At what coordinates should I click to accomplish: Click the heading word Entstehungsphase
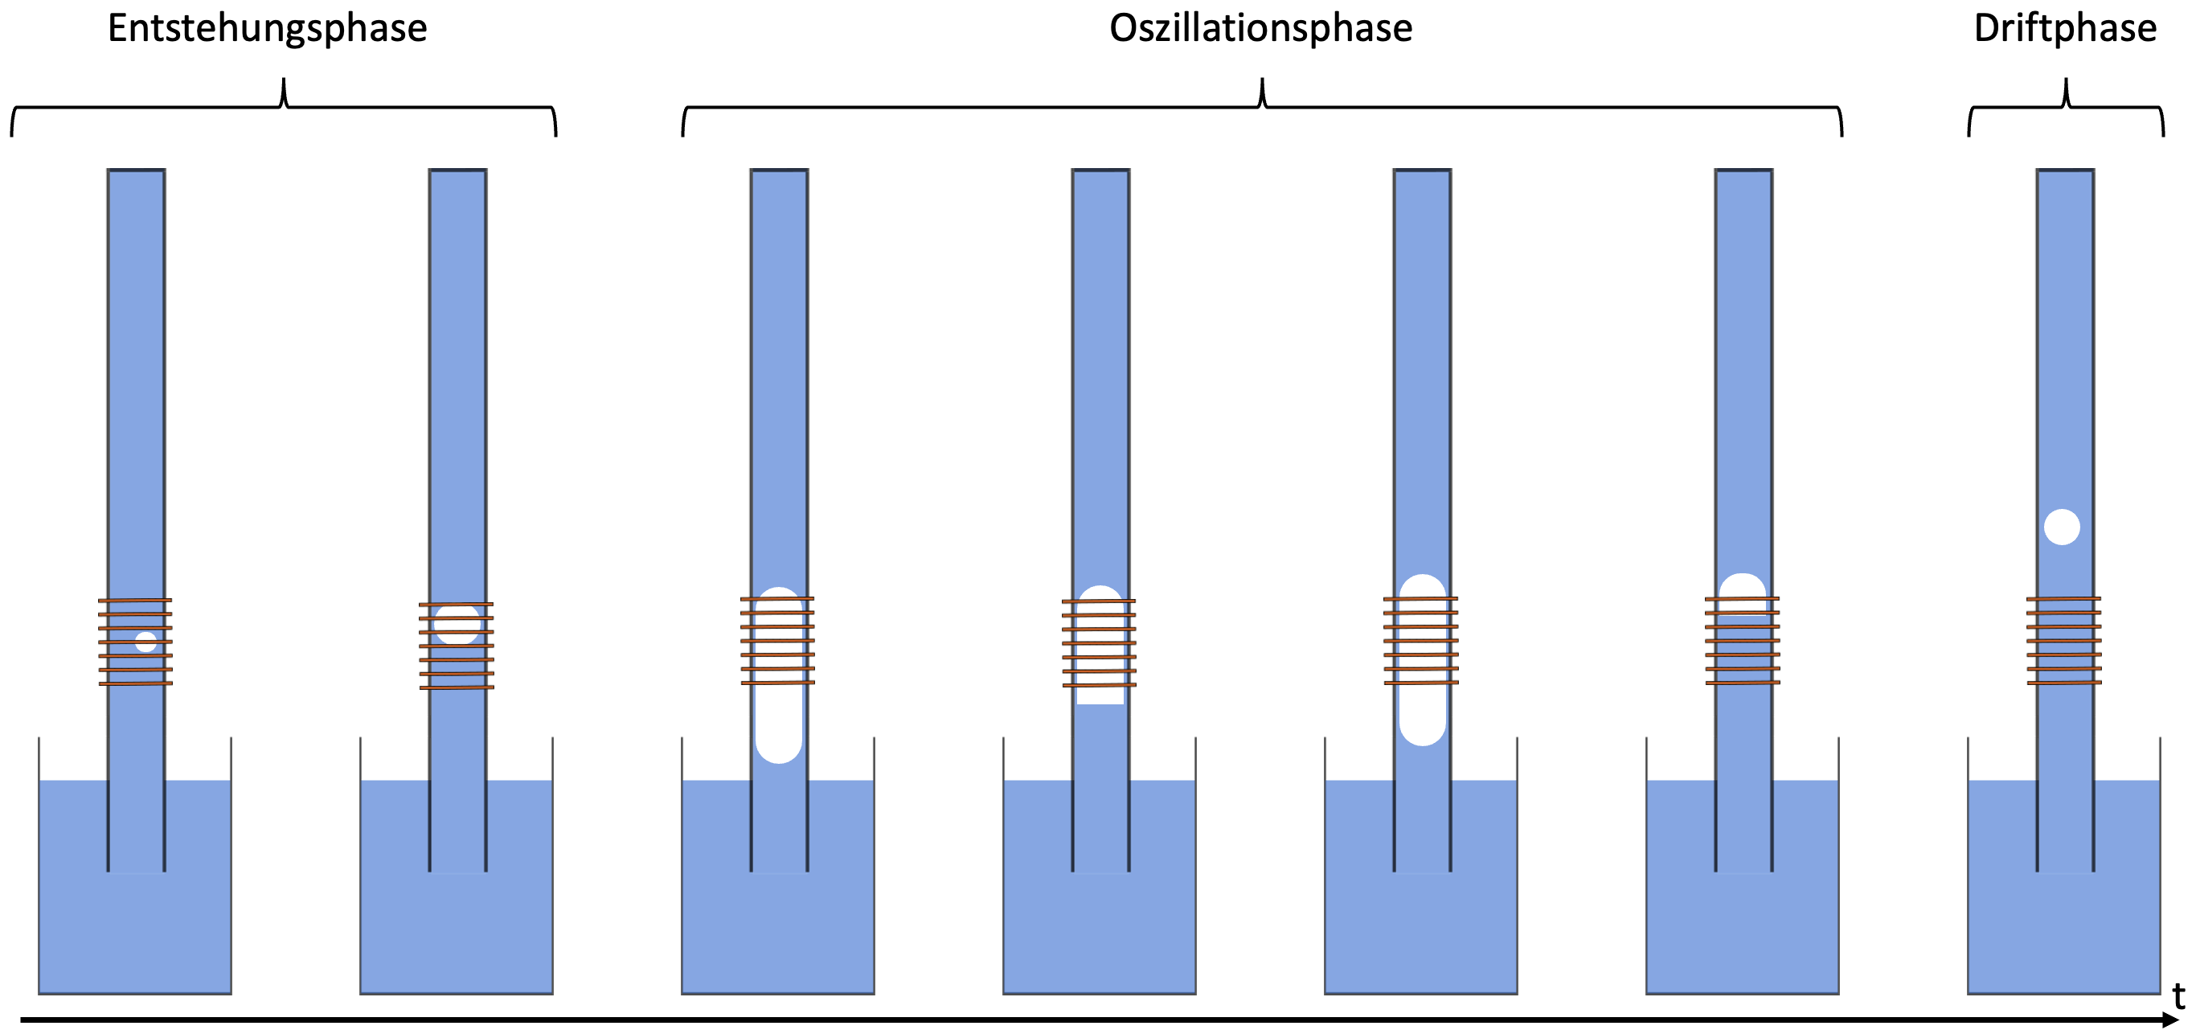click(x=267, y=29)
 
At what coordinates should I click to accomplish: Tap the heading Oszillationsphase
click(x=1260, y=29)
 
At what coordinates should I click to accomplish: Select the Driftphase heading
click(x=2065, y=29)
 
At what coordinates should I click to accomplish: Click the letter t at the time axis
click(x=2178, y=995)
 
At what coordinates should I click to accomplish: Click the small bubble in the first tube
click(x=145, y=642)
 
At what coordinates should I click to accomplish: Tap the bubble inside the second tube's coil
click(x=457, y=624)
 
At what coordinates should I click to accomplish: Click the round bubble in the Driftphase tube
click(x=2061, y=527)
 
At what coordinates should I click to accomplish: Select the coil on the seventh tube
click(x=2064, y=641)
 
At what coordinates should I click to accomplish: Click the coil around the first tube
click(x=136, y=642)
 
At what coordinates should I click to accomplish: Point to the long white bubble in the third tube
click(x=778, y=682)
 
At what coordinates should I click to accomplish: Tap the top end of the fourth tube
click(x=1100, y=172)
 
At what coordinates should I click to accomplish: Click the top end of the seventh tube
click(x=2065, y=172)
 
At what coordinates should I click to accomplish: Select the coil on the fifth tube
click(x=1421, y=641)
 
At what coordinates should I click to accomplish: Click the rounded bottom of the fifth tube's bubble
click(x=1422, y=733)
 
